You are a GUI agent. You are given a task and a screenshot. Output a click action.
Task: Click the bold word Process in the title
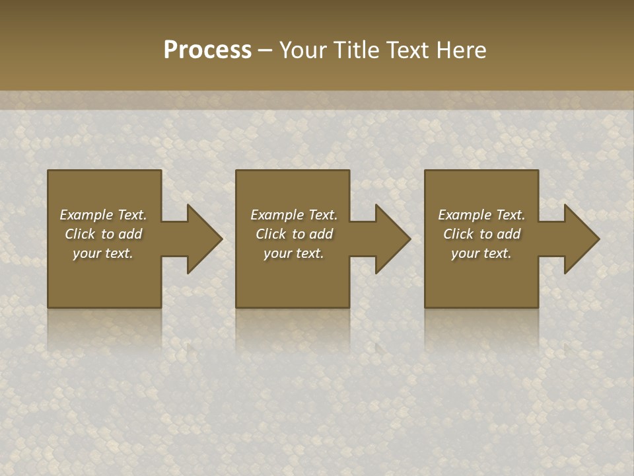[207, 50]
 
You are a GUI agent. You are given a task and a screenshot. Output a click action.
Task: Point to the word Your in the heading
[303, 50]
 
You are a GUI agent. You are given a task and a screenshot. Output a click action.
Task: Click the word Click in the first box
[81, 234]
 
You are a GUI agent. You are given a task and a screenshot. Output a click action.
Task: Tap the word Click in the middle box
[271, 234]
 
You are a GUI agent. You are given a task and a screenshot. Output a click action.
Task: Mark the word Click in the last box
[459, 234]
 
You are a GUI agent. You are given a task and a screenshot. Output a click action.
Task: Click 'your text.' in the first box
[103, 253]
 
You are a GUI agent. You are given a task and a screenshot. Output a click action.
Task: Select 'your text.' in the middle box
[294, 253]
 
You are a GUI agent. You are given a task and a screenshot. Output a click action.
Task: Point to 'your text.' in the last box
[481, 253]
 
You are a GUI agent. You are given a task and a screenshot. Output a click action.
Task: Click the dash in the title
[265, 51]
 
